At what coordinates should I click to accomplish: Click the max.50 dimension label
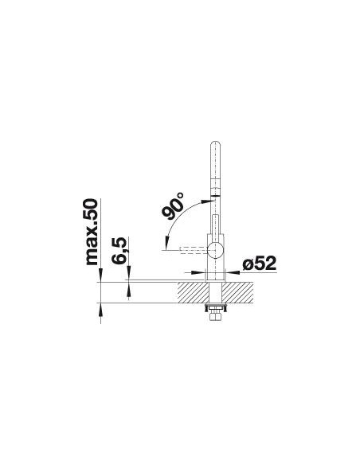(x=91, y=232)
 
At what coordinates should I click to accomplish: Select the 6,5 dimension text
(x=119, y=251)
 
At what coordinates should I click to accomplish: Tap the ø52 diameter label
(x=259, y=263)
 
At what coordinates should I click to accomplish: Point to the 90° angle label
(x=173, y=205)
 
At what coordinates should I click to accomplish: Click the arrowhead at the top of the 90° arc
(x=205, y=201)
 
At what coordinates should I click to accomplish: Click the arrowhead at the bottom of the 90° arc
(x=167, y=242)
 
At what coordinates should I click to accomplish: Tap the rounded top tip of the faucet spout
(x=216, y=143)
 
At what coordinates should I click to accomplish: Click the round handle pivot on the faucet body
(x=216, y=251)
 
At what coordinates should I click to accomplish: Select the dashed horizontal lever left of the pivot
(x=194, y=251)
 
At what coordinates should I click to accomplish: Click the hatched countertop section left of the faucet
(x=193, y=292)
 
